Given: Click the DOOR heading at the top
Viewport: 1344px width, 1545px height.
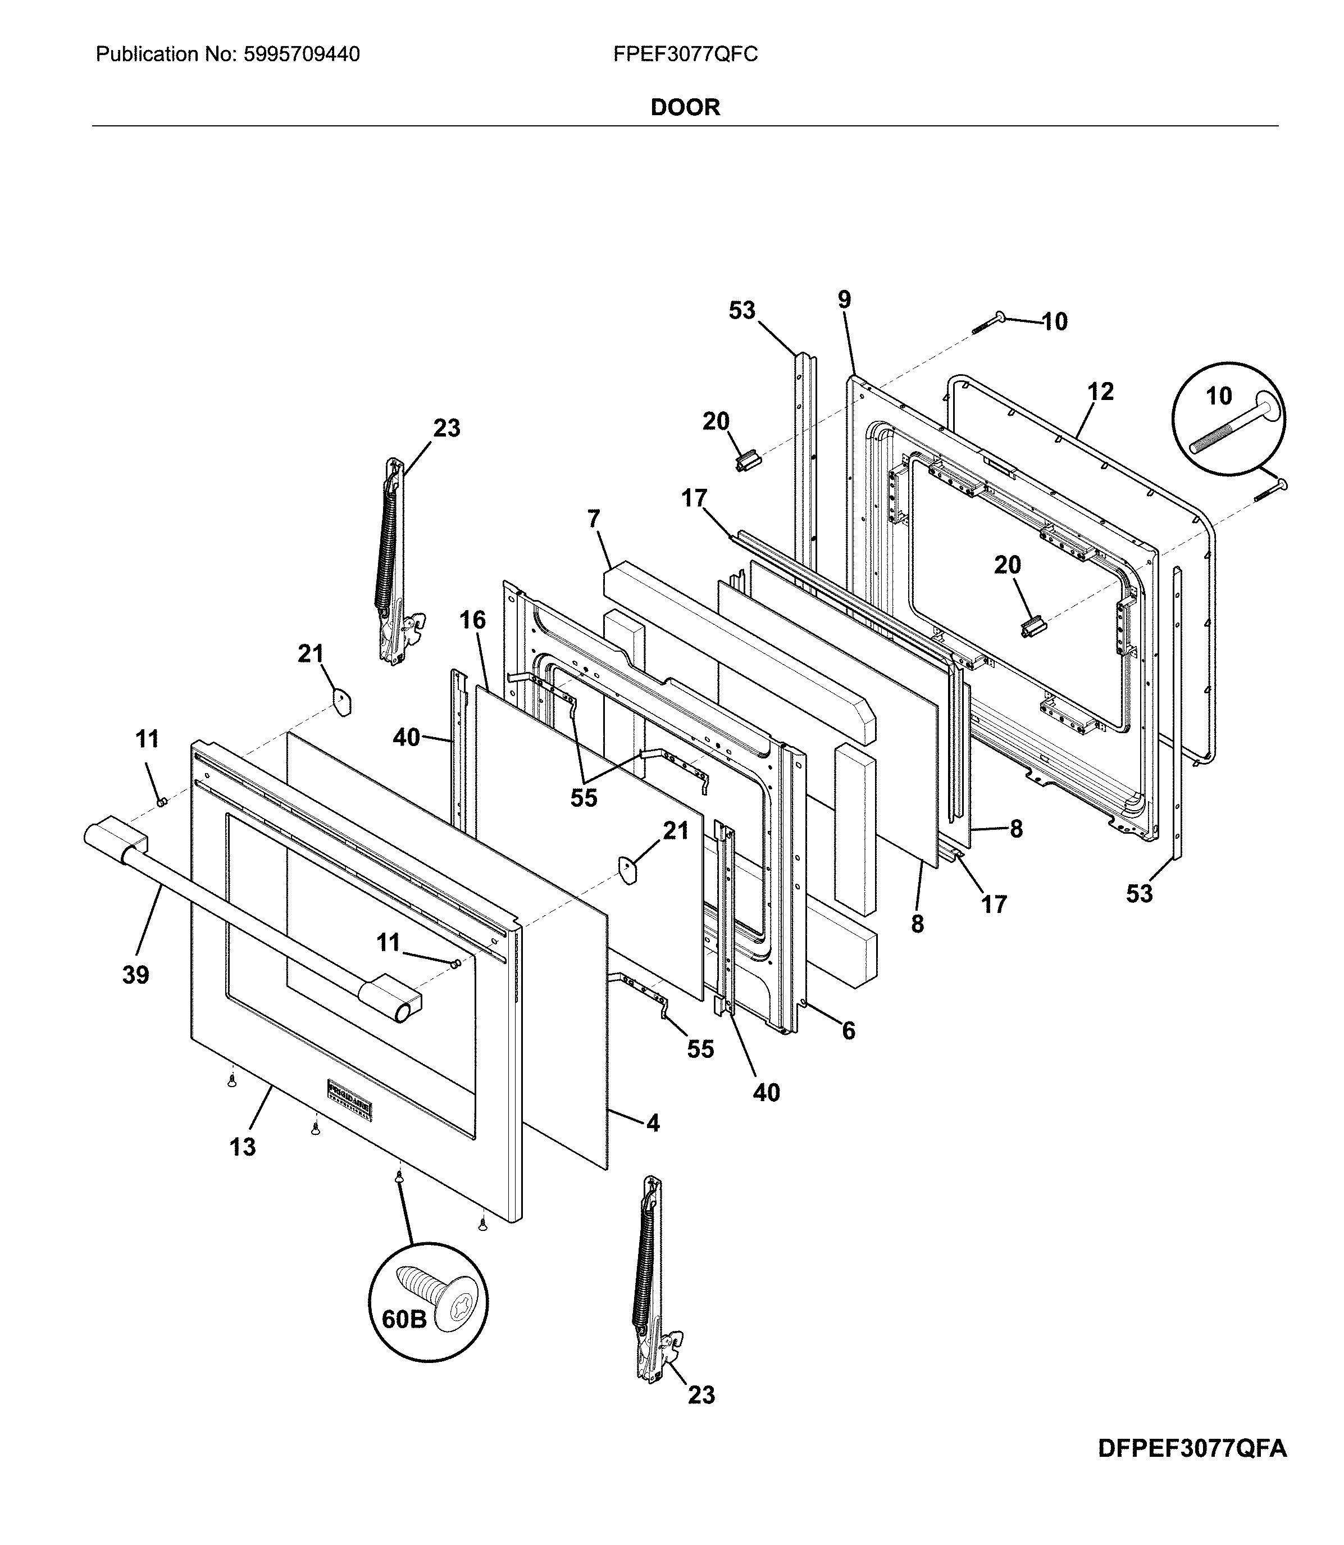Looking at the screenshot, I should click(x=685, y=107).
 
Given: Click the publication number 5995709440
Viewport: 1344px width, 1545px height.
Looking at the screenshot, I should click(x=302, y=54).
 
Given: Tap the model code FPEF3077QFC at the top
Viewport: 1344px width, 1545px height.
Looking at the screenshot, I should click(x=685, y=54).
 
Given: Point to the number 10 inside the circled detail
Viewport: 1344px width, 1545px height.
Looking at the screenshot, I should click(x=1219, y=396).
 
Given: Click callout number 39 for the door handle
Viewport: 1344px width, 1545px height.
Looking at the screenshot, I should click(x=136, y=975).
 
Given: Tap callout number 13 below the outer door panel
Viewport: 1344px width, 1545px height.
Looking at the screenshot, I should click(x=242, y=1147).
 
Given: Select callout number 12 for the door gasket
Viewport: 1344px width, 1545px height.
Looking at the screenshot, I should click(x=1100, y=391).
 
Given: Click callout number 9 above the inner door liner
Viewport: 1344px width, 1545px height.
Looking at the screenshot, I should click(x=845, y=299).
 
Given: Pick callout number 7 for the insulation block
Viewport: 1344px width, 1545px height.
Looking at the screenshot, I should click(x=594, y=519).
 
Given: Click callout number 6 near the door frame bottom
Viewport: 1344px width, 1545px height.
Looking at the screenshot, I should click(x=848, y=1031).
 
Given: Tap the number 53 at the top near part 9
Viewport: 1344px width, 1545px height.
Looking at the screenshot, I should click(x=742, y=310).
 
